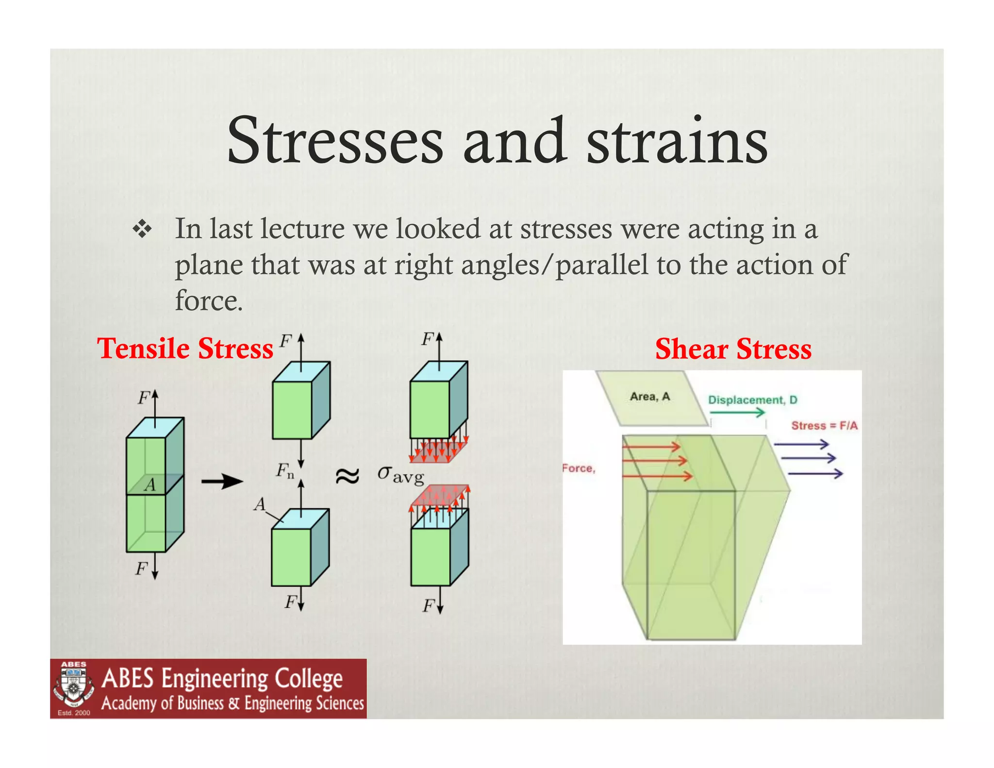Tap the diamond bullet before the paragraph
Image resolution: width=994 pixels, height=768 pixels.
pyautogui.click(x=142, y=229)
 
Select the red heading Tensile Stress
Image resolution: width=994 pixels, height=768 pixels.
pyautogui.click(x=185, y=349)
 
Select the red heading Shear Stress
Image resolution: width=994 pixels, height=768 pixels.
pyautogui.click(x=733, y=349)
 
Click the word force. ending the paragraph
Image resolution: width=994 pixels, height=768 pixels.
pyautogui.click(x=209, y=301)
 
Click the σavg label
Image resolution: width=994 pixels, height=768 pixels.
pyautogui.click(x=401, y=474)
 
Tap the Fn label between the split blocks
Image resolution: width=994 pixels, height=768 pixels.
pyautogui.click(x=285, y=470)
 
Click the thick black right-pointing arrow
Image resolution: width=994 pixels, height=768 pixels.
pyautogui.click(x=222, y=482)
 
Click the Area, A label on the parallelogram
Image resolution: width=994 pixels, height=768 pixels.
pyautogui.click(x=649, y=397)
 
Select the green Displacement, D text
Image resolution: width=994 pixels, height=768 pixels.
pyautogui.click(x=752, y=400)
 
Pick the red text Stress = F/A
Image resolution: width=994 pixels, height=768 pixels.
pyautogui.click(x=824, y=426)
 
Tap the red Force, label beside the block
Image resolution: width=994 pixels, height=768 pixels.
pyautogui.click(x=579, y=468)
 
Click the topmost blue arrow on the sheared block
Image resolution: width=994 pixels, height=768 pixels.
pyautogui.click(x=801, y=444)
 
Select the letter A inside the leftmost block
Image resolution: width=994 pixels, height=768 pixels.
pyautogui.click(x=150, y=485)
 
